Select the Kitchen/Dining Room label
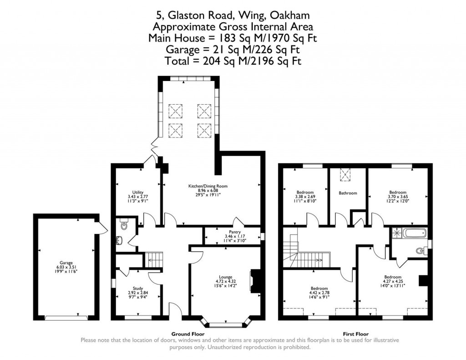click(x=208, y=186)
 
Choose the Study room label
click(x=138, y=288)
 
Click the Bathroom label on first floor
click(x=348, y=193)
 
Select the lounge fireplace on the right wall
click(x=256, y=280)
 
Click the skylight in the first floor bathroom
click(x=348, y=175)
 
